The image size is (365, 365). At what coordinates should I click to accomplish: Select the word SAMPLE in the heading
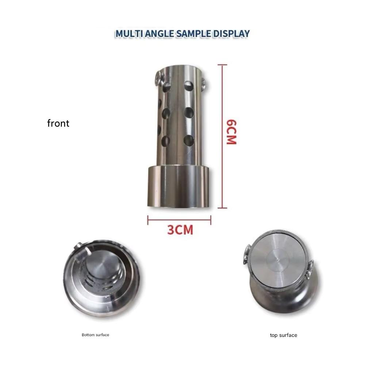tap(194, 34)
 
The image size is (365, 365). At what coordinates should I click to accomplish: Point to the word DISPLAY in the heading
tap(231, 34)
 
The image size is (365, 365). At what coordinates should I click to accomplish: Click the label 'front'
tap(58, 123)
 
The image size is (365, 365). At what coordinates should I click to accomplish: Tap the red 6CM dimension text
tap(232, 132)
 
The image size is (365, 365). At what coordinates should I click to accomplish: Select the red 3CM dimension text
tap(180, 230)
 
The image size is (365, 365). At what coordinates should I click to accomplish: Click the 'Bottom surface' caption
tap(95, 335)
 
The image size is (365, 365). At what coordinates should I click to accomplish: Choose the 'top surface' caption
tap(284, 335)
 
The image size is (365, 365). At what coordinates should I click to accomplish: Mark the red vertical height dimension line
tap(223, 136)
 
